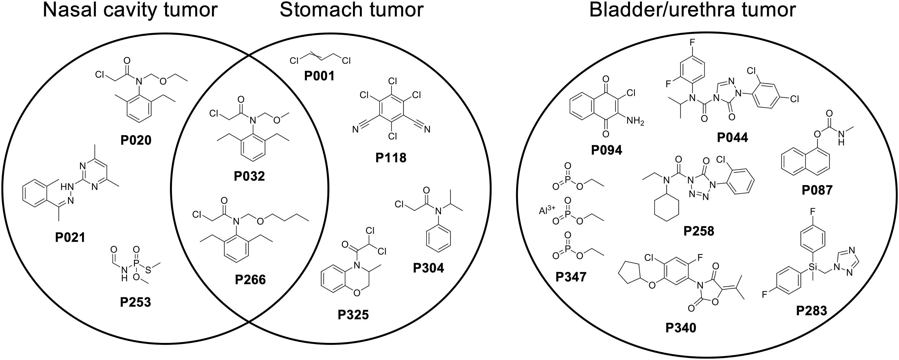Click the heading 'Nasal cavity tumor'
pyautogui.click(x=130, y=11)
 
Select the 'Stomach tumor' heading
pyautogui.click(x=352, y=11)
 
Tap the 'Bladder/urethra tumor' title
pyautogui.click(x=692, y=11)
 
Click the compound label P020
pyautogui.click(x=136, y=140)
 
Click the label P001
pyautogui.click(x=319, y=76)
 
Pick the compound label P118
pyautogui.click(x=391, y=158)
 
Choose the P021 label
pyautogui.click(x=70, y=238)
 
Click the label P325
pyautogui.click(x=353, y=315)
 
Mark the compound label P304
pyautogui.click(x=428, y=268)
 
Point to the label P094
pyautogui.click(x=607, y=150)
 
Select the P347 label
pyautogui.click(x=571, y=277)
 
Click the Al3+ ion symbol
pyautogui.click(x=547, y=211)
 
